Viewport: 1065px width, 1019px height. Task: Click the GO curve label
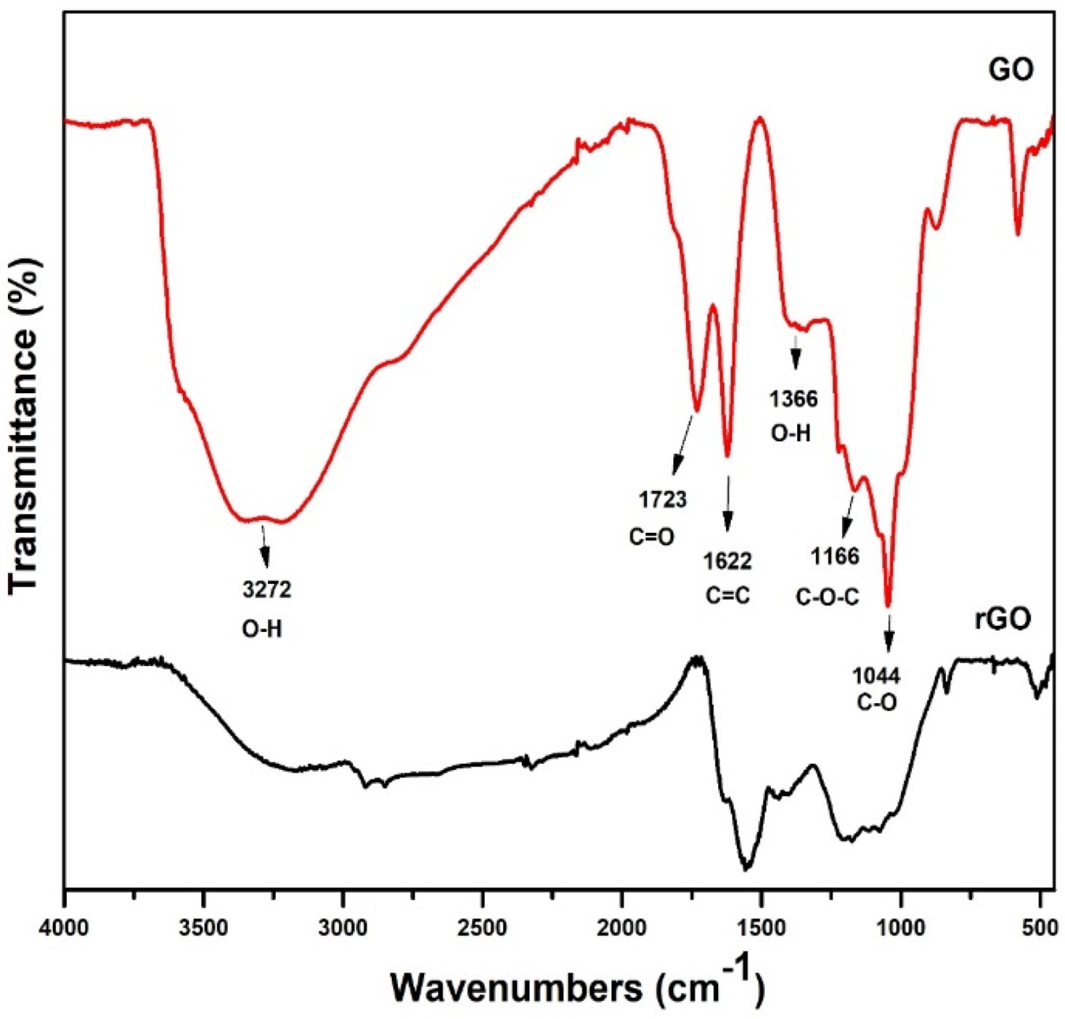click(x=1011, y=69)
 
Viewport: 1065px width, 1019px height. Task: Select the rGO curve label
click(x=1002, y=619)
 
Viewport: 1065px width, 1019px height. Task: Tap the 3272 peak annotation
click(x=266, y=589)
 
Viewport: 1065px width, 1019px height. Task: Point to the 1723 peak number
click(x=662, y=499)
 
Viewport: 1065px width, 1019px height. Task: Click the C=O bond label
click(x=652, y=537)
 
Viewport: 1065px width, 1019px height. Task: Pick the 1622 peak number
click(x=728, y=561)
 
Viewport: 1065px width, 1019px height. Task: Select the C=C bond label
click(x=728, y=596)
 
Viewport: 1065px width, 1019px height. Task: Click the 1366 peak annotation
click(x=793, y=399)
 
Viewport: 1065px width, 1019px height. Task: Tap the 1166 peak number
click(x=835, y=556)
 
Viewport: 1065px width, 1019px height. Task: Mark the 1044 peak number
click(x=876, y=676)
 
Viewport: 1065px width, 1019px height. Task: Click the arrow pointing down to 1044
click(x=888, y=633)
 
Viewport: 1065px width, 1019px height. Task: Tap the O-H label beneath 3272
click(x=262, y=629)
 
